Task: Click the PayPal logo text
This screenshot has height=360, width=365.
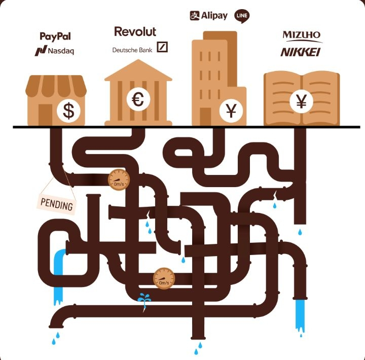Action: pyautogui.click(x=55, y=36)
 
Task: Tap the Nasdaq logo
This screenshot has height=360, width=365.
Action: pyautogui.click(x=55, y=51)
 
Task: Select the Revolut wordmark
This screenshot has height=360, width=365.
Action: pyautogui.click(x=135, y=31)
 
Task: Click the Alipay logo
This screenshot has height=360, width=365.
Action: pyautogui.click(x=209, y=16)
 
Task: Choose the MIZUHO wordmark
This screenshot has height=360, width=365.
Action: pyautogui.click(x=302, y=35)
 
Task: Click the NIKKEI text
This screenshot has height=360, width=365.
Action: pyautogui.click(x=301, y=52)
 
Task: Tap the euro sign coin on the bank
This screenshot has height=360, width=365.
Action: pyautogui.click(x=138, y=99)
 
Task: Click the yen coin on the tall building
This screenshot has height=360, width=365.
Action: pyautogui.click(x=231, y=111)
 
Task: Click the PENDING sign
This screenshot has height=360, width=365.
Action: pyautogui.click(x=57, y=205)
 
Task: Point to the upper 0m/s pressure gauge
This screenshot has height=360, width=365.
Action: pyautogui.click(x=119, y=178)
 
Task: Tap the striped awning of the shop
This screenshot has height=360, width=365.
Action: pyautogui.click(x=56, y=87)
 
